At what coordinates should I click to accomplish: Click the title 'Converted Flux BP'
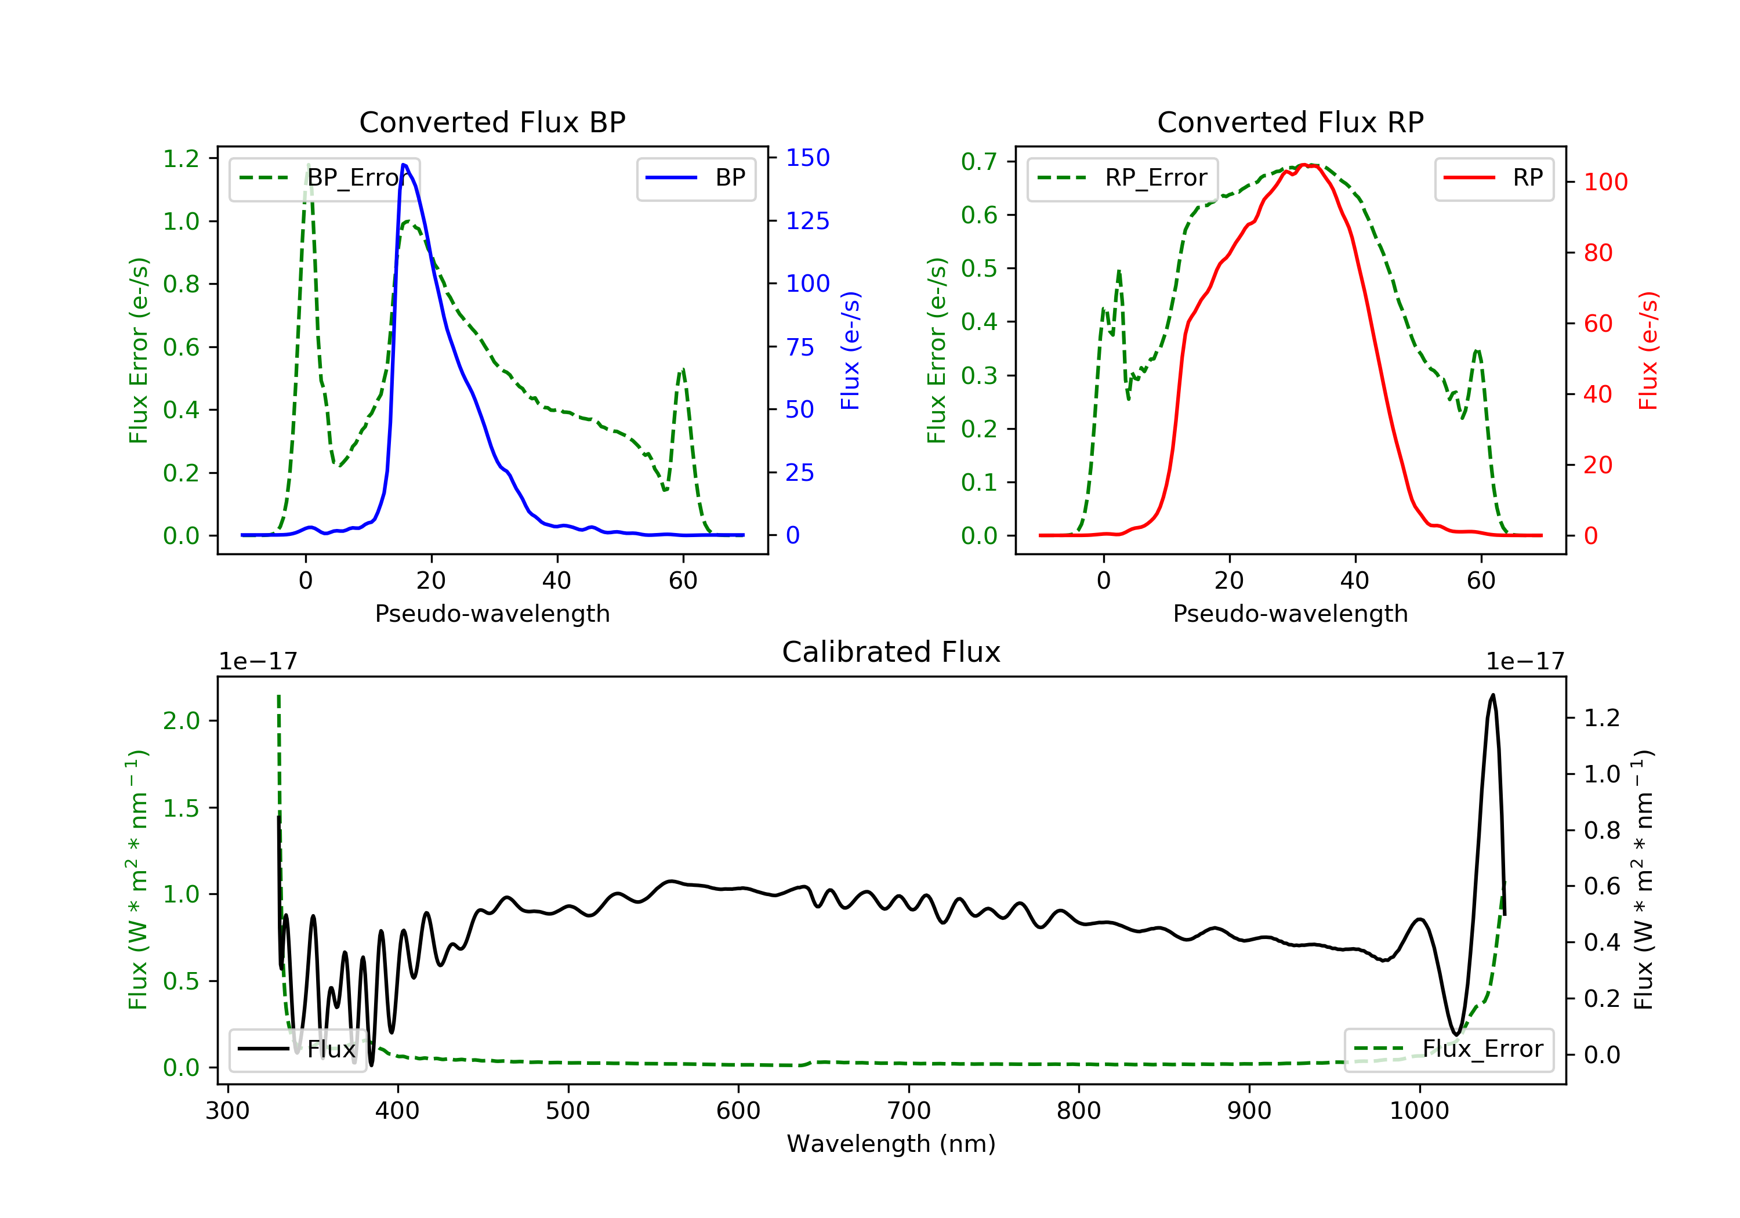(492, 122)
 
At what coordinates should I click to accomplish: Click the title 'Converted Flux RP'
(1290, 122)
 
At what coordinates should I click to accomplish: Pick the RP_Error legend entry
(1122, 178)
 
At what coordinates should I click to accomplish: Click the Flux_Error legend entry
(1449, 1049)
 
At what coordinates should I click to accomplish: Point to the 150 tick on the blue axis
(807, 158)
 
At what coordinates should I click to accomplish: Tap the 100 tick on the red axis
(1605, 182)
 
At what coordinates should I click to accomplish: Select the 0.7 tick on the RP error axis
(979, 161)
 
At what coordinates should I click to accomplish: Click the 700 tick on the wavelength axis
(909, 1111)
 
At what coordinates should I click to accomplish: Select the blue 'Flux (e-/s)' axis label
(850, 350)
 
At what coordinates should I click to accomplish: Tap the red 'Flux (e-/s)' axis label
(1648, 350)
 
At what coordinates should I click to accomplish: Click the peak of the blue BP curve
(404, 165)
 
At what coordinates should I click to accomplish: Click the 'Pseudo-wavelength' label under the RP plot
(1290, 613)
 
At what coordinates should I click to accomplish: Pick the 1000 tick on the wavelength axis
(1419, 1111)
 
